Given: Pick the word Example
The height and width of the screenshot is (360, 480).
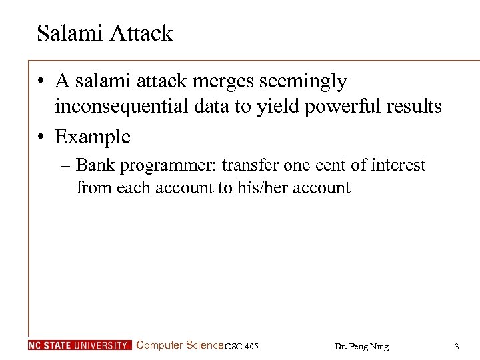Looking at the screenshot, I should (93, 137).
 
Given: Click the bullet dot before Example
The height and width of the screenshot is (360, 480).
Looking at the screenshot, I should (42, 137).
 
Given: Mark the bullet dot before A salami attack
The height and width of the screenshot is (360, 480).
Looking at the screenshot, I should (42, 81).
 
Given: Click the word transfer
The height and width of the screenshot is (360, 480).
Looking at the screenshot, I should (247, 165).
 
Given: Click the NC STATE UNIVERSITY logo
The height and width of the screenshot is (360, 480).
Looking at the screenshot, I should (79, 345).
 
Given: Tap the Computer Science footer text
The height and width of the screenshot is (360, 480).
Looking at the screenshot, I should (179, 345).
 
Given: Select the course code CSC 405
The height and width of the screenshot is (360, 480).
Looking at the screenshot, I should (242, 346).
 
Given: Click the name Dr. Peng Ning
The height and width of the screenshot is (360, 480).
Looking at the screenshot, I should (361, 346).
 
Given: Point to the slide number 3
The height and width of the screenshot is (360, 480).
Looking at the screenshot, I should (456, 346).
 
